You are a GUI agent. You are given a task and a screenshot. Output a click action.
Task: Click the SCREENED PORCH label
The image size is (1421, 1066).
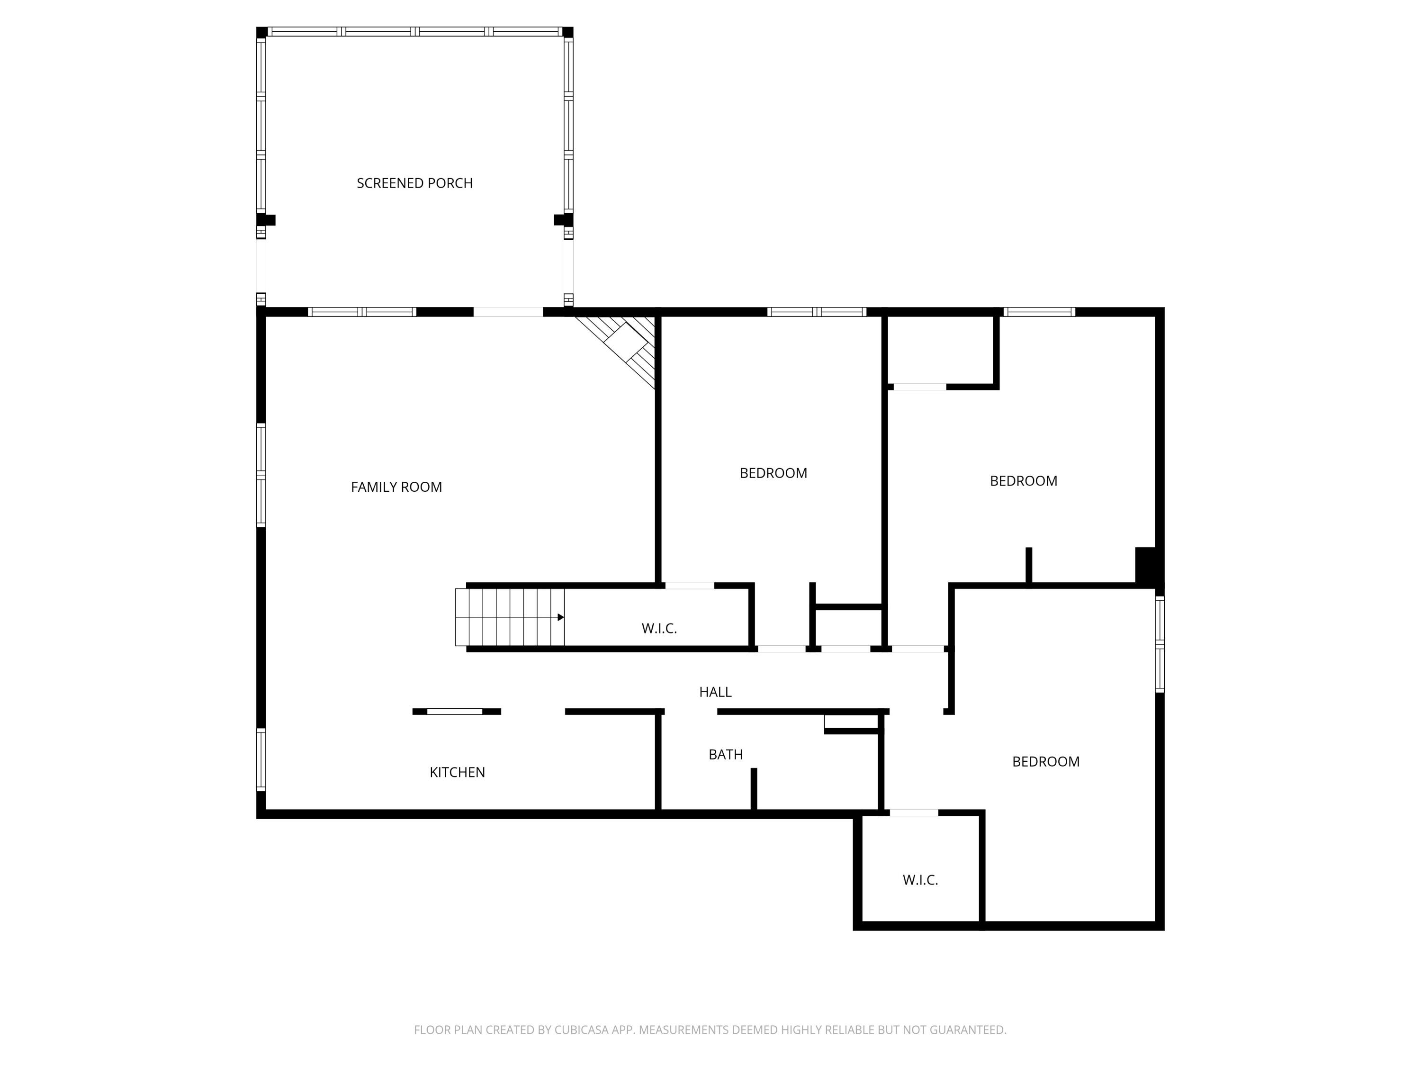point(414,183)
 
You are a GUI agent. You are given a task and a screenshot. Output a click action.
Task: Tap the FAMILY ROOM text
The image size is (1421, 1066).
point(396,487)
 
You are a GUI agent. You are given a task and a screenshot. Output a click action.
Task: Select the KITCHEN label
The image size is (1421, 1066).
point(457,772)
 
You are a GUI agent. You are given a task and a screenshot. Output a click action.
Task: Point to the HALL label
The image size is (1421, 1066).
point(715,692)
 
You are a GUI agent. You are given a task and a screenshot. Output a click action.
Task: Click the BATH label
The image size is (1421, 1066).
point(725,754)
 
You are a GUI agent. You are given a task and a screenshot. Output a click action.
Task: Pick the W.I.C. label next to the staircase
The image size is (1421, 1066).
point(659,628)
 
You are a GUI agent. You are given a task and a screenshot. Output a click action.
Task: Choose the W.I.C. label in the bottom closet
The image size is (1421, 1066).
point(920,880)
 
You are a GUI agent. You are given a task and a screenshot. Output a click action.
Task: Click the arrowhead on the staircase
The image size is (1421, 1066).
point(560,617)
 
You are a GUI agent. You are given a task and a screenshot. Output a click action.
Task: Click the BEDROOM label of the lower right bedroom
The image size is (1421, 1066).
point(1045,761)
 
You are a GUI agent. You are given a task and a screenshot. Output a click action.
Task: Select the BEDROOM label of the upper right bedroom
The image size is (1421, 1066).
point(1023,480)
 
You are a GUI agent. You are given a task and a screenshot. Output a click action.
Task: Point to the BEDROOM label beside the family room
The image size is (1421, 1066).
point(773,473)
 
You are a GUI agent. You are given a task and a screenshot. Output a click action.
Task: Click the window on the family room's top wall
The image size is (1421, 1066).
point(362,312)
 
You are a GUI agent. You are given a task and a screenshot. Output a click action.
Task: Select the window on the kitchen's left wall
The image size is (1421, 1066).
point(261,759)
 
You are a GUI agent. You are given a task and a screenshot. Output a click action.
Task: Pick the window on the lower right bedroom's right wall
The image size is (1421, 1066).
point(1160,644)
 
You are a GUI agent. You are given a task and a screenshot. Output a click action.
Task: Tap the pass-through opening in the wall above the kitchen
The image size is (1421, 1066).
point(455,711)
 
